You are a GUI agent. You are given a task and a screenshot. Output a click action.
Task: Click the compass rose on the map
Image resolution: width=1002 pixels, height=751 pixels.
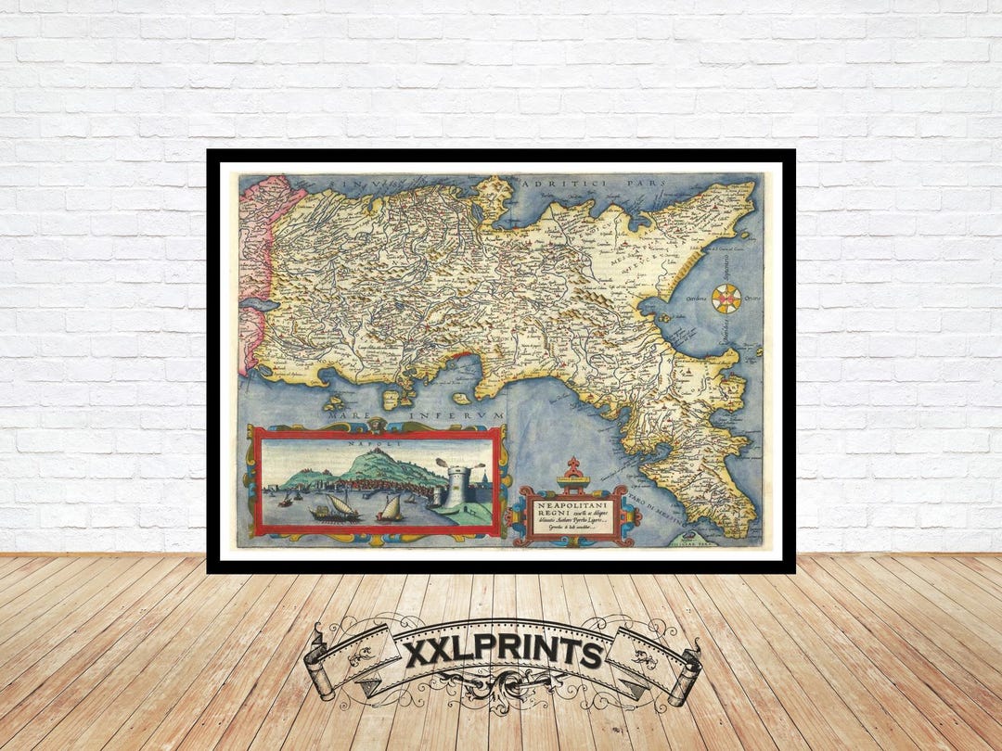[727, 298]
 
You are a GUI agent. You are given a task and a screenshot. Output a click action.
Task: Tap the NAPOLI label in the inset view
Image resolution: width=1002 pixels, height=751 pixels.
[375, 444]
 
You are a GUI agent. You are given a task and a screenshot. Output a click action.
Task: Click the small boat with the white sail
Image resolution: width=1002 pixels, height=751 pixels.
[391, 508]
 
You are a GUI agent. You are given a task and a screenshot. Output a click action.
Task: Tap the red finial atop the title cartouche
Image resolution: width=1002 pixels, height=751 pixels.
[573, 463]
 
